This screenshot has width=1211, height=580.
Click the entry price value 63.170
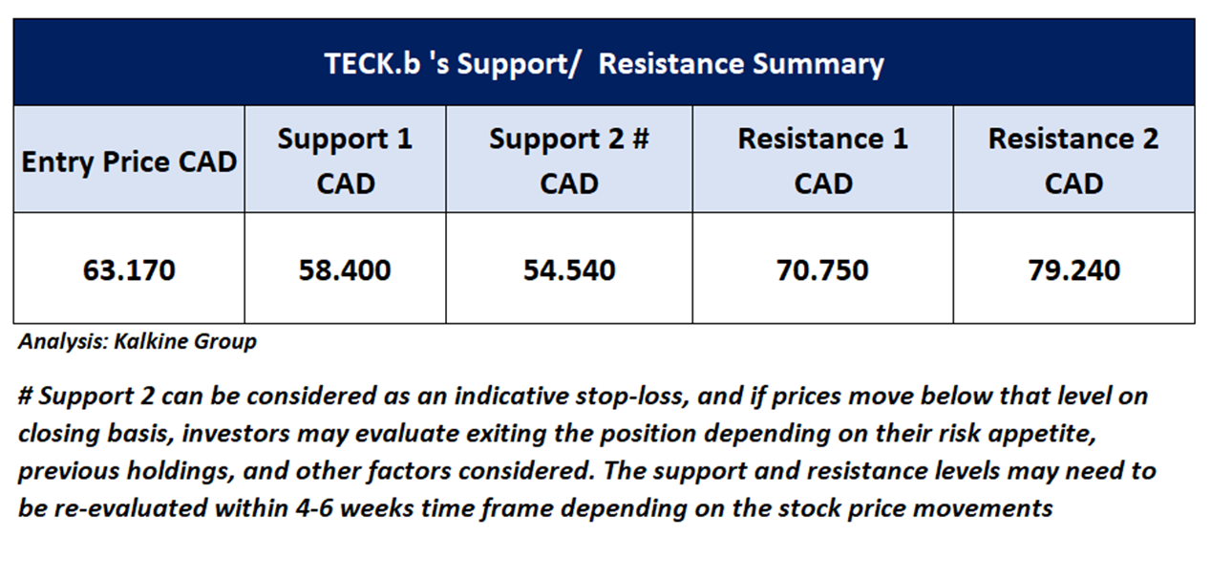pyautogui.click(x=129, y=270)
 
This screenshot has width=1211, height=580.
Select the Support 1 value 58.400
pyautogui.click(x=345, y=270)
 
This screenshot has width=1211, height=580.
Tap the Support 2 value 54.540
pyautogui.click(x=569, y=270)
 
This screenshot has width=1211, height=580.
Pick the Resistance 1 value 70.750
pyautogui.click(x=822, y=270)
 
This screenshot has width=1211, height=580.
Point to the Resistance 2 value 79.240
pyautogui.click(x=1074, y=270)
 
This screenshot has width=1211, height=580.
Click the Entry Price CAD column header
pyautogui.click(x=129, y=161)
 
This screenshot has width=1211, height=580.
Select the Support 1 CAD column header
pyautogui.click(x=345, y=161)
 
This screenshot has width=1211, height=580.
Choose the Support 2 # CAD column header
pyautogui.click(x=569, y=161)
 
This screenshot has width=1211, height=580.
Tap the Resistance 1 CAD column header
pyautogui.click(x=823, y=161)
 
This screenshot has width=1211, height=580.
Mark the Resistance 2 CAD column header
pyautogui.click(x=1073, y=161)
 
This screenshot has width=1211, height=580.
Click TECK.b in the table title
pyautogui.click(x=372, y=64)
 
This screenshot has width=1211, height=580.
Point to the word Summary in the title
pyautogui.click(x=818, y=65)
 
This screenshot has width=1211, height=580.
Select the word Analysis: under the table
pyautogui.click(x=64, y=342)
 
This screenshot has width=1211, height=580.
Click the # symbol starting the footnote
pyautogui.click(x=25, y=396)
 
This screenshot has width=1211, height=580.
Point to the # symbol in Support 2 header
pyautogui.click(x=641, y=139)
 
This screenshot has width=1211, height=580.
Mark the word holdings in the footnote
pyautogui.click(x=181, y=471)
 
